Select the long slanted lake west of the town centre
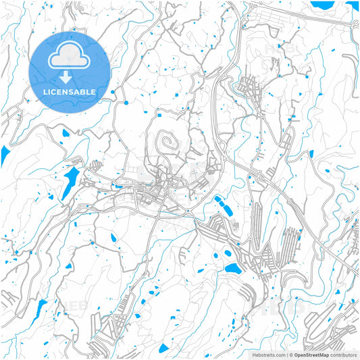[70, 181]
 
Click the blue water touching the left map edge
[4, 155]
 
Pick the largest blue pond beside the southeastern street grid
[232, 269]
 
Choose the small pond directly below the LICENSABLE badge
[66, 134]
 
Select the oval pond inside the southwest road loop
[111, 237]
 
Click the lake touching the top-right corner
[353, 6]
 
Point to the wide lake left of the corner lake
[322, 4]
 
